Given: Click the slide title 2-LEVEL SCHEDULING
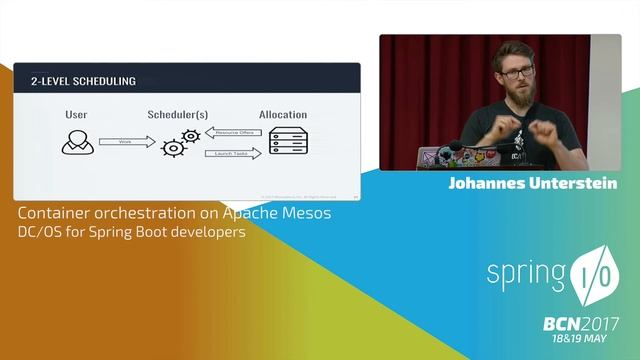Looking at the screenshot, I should [83, 80].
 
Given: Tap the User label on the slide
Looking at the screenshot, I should [76, 115].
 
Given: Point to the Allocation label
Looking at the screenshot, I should [282, 115].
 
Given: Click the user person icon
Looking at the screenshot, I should [76, 142].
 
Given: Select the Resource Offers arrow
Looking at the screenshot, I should [233, 132].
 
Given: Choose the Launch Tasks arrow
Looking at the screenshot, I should [233, 153].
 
